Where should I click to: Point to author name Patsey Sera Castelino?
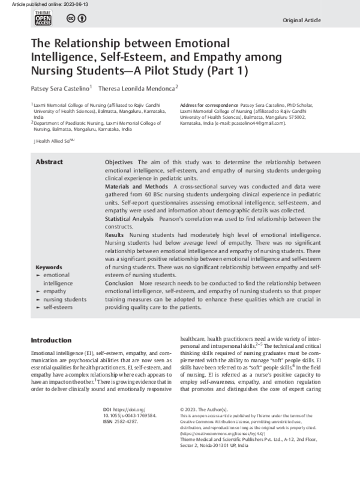(x=58, y=88)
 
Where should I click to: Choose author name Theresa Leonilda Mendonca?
(x=136, y=88)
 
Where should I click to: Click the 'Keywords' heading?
(x=49, y=267)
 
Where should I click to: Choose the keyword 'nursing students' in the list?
(x=65, y=299)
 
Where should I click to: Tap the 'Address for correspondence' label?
(x=208, y=104)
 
